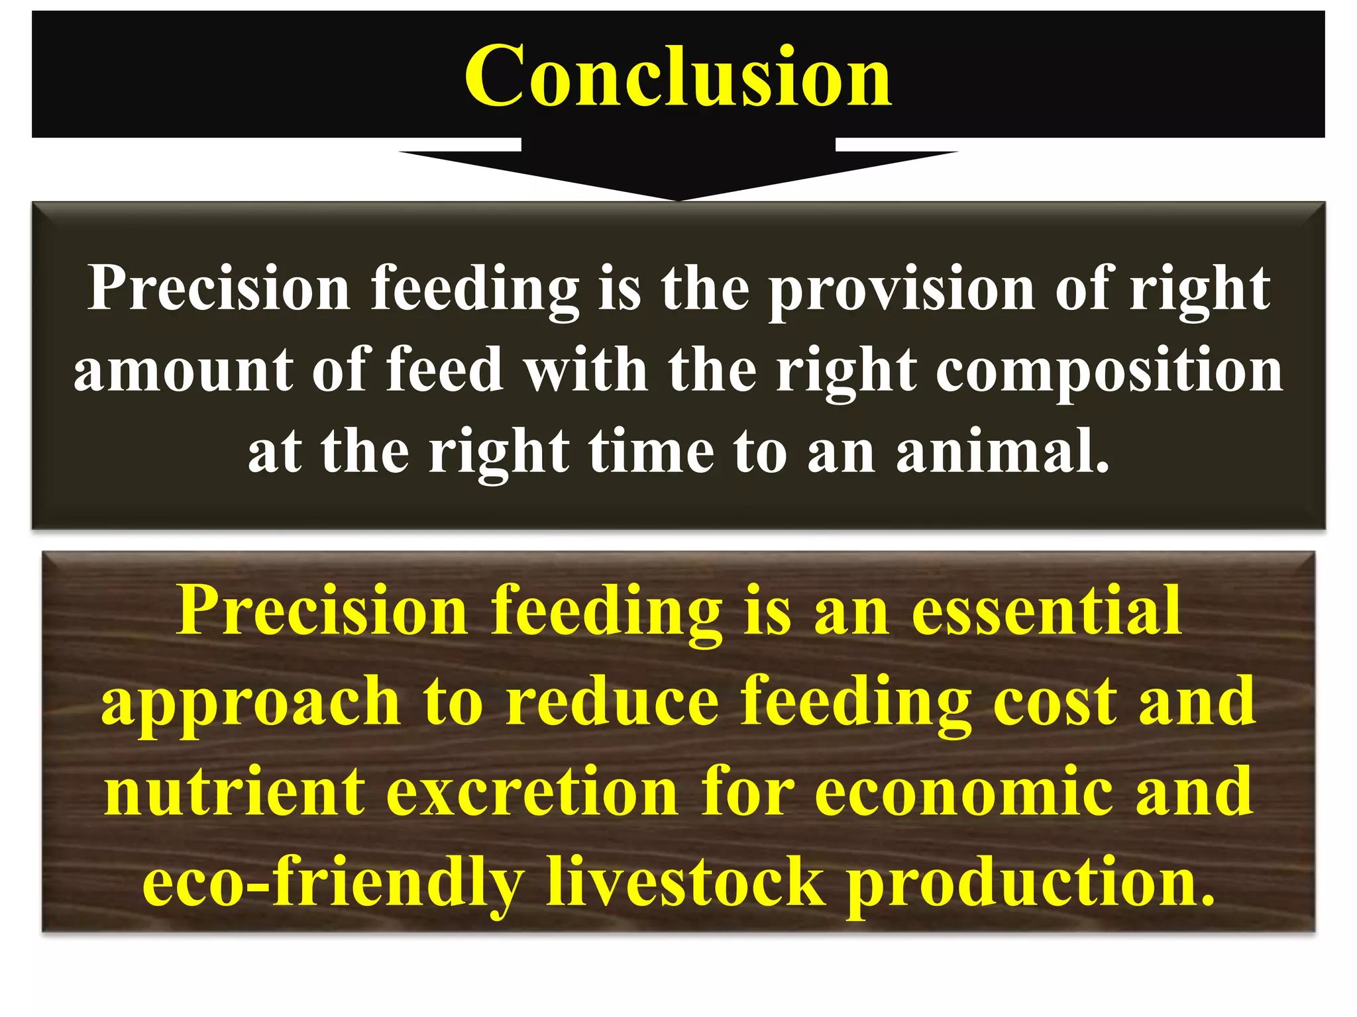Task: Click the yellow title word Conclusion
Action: pos(678,76)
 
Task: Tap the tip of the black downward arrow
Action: pos(678,197)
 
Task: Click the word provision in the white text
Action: pos(901,289)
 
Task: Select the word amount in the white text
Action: pos(182,371)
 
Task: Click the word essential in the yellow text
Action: pos(1046,610)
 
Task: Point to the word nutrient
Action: pos(235,792)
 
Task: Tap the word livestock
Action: pos(685,881)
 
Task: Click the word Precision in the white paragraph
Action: pos(219,289)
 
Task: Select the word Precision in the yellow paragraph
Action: pos(322,610)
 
